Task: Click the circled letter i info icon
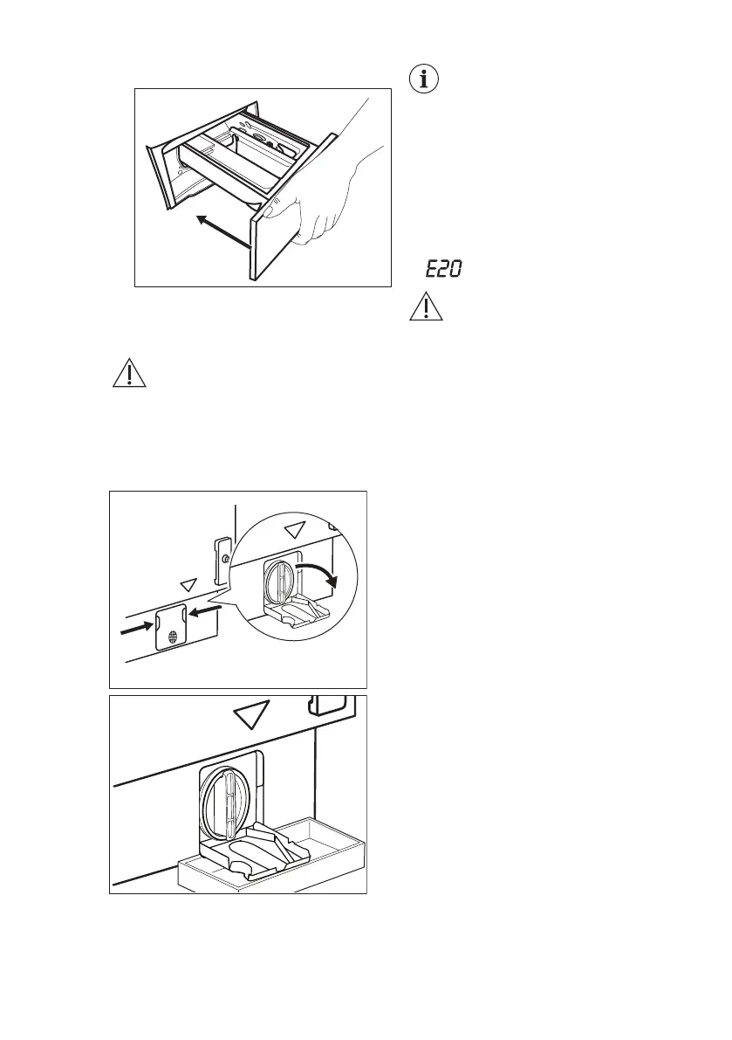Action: (425, 79)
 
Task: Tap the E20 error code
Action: (443, 272)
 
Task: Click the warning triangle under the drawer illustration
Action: (129, 374)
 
